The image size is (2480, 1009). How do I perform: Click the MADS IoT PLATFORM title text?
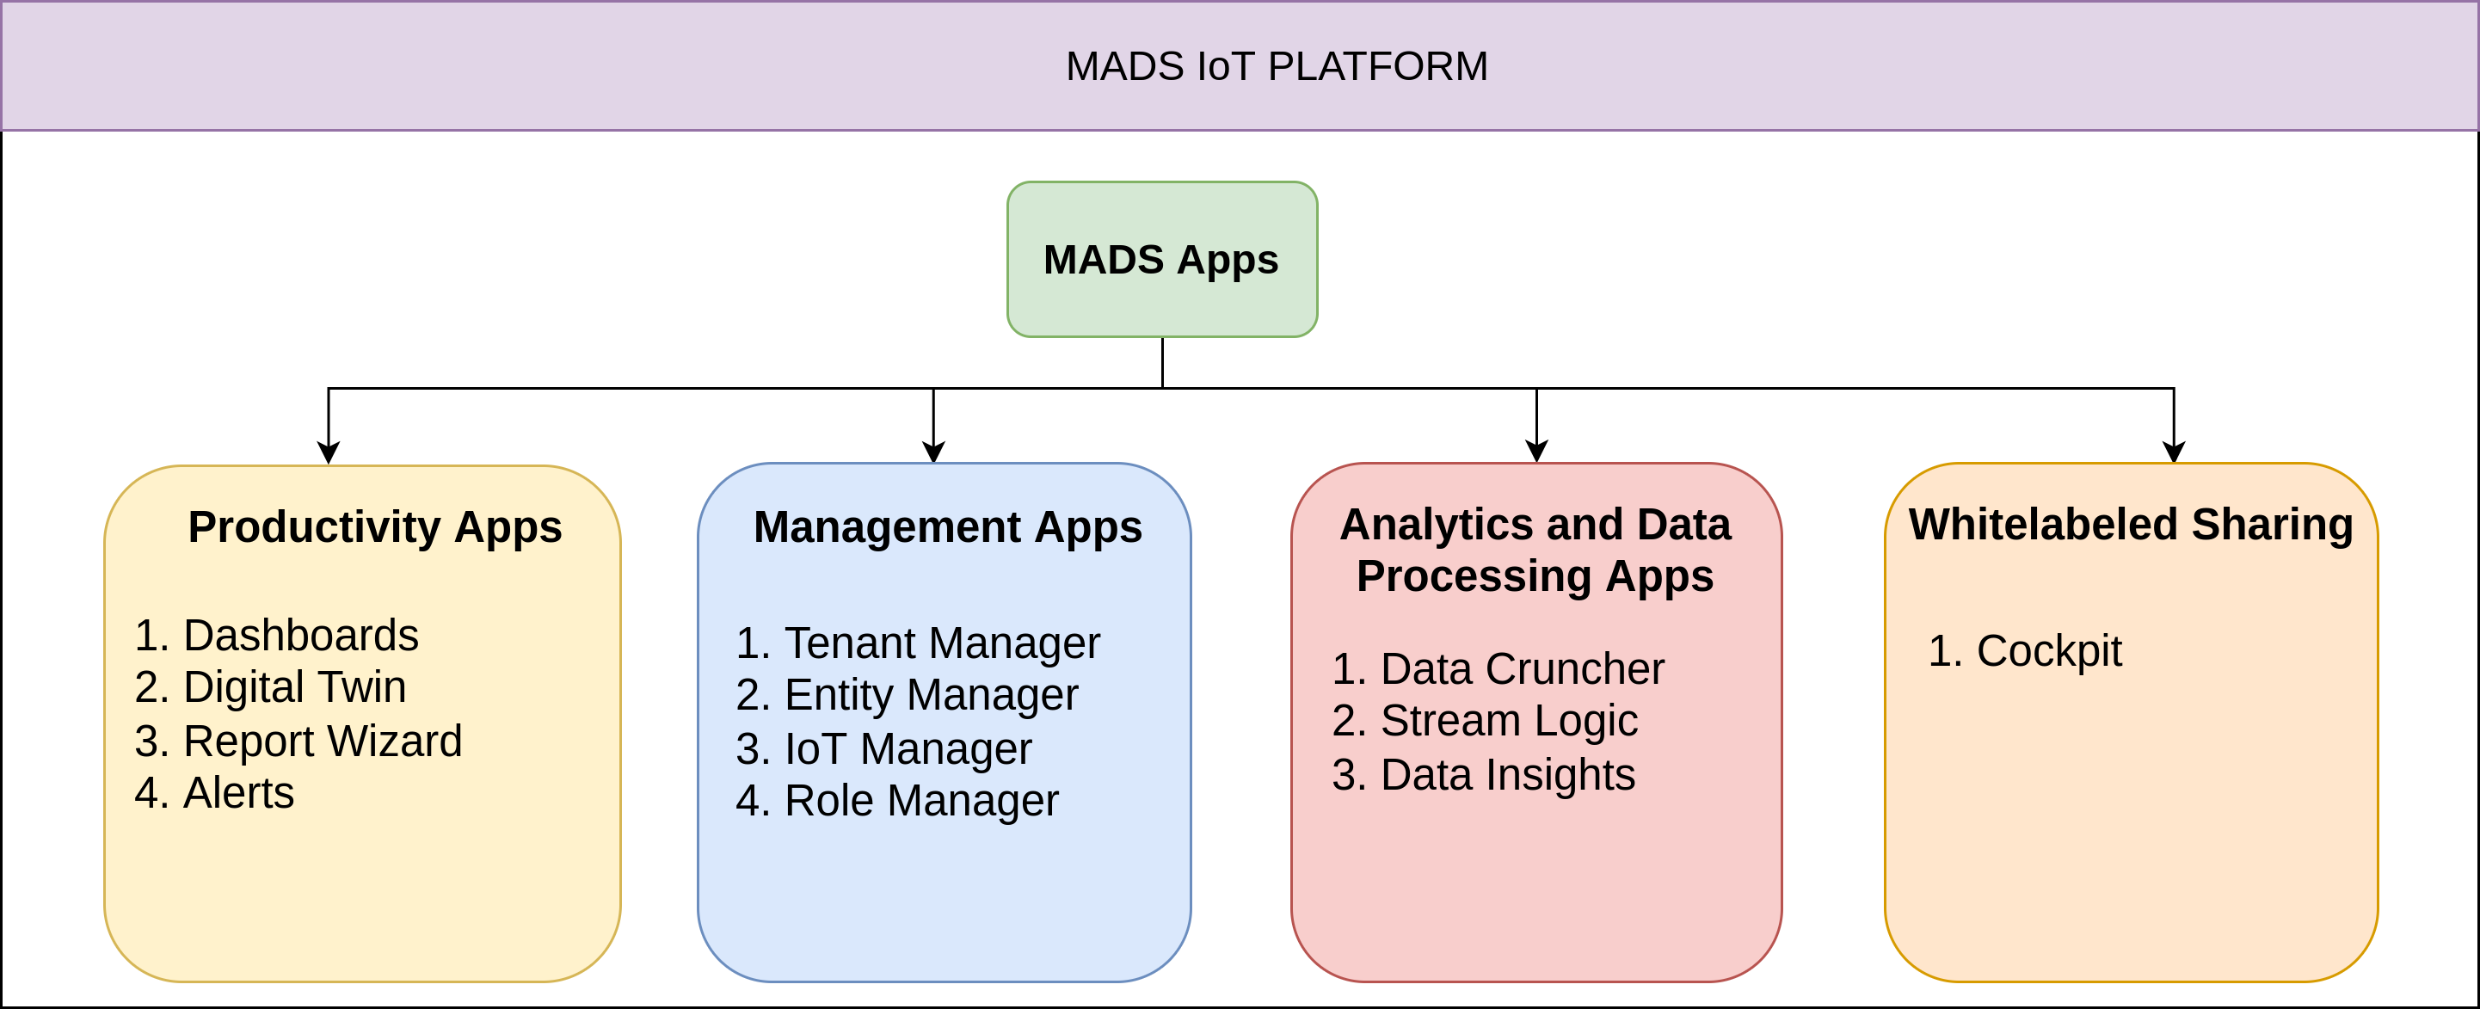[x=1277, y=66]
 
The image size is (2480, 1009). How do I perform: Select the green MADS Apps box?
[x=1162, y=259]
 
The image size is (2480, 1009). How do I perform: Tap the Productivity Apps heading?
[x=374, y=526]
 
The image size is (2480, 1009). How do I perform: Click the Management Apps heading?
[x=947, y=526]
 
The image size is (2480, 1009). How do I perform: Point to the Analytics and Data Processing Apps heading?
[x=1535, y=550]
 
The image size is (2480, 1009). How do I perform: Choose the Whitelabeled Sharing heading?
[x=2131, y=525]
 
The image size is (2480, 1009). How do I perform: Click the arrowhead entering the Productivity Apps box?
[x=329, y=452]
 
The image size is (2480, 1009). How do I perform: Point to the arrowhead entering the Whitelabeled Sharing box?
[x=2174, y=452]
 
